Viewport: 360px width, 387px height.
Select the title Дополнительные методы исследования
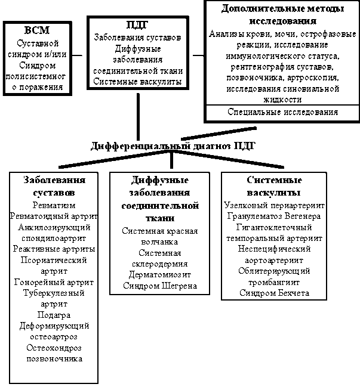click(275, 15)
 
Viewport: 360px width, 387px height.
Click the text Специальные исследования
click(282, 112)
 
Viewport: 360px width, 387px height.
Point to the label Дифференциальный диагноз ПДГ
click(174, 146)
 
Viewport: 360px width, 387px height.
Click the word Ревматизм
click(54, 205)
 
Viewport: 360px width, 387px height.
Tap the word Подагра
click(54, 315)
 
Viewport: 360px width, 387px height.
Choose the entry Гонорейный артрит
click(54, 282)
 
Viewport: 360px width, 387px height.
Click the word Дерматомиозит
click(159, 275)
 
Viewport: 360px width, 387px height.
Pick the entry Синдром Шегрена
click(159, 286)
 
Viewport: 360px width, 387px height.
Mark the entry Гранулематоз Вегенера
click(273, 216)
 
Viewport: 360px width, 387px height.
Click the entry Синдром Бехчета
click(273, 293)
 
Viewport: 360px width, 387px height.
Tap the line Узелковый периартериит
click(273, 205)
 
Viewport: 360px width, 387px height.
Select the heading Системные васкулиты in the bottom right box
click(273, 186)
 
